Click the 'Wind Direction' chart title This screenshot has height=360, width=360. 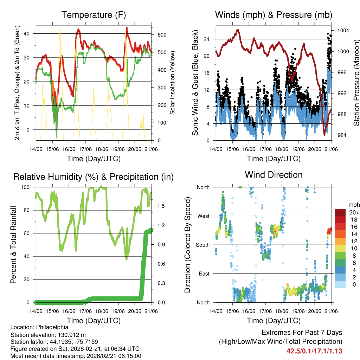tap(274, 174)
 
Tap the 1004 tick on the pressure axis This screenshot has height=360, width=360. tap(343, 30)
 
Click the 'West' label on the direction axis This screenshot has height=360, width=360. tap(203, 216)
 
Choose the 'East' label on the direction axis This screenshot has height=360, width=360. tap(204, 274)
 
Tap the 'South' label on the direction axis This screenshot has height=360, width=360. tap(202, 245)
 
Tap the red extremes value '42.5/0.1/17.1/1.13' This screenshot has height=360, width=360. tap(314, 351)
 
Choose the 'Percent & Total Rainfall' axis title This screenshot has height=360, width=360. tap(13, 245)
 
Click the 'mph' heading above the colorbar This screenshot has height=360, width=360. tap(353, 205)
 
